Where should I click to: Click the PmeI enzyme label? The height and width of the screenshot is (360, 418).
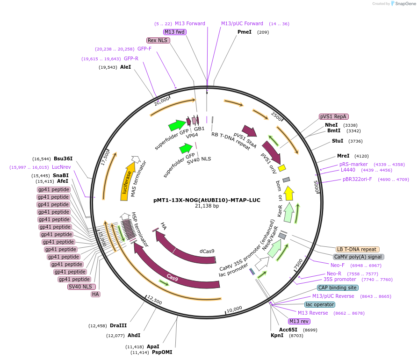[x=244, y=32]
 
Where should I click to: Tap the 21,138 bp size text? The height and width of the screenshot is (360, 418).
[x=207, y=206]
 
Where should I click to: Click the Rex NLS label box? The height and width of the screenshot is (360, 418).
[x=158, y=40]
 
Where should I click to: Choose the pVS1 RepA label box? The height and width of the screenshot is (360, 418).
[x=334, y=116]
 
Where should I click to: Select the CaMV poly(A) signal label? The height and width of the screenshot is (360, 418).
[x=359, y=257]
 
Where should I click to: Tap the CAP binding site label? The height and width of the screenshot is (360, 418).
[x=338, y=288]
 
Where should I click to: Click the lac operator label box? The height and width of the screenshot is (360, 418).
[x=320, y=304]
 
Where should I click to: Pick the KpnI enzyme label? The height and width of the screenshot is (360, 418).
[x=277, y=335]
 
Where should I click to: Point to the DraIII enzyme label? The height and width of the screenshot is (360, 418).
[x=118, y=325]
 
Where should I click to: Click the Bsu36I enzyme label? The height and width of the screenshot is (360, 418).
[x=63, y=159]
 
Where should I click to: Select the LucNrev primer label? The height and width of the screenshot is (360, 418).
[x=61, y=167]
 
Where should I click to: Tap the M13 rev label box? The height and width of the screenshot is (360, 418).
[x=299, y=321]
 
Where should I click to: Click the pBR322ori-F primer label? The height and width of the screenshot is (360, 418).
[x=357, y=179]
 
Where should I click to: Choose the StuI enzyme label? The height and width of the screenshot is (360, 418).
[x=338, y=141]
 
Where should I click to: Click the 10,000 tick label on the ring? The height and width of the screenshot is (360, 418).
[x=234, y=309]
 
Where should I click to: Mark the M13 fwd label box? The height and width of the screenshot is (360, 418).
[x=174, y=32]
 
